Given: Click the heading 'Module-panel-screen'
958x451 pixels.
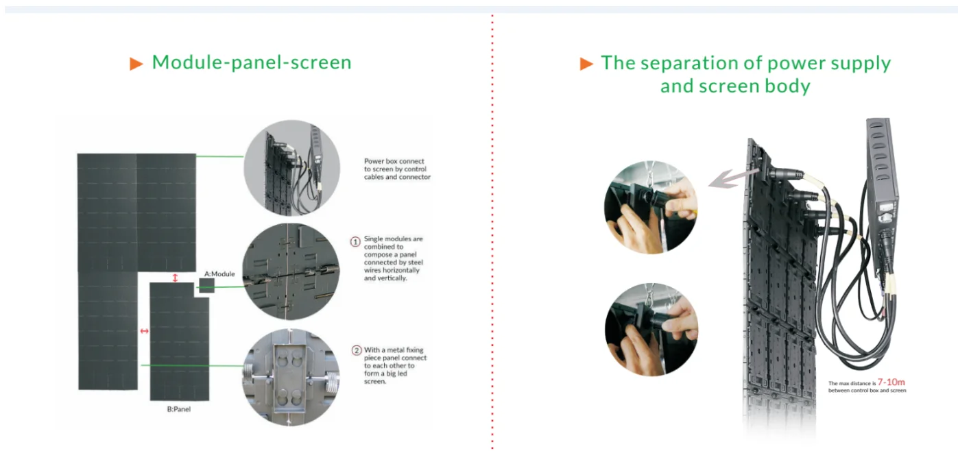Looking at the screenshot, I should point(251,62).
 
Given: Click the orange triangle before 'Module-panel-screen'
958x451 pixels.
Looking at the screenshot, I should point(136,64).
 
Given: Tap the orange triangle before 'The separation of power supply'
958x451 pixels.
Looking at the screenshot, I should point(586,64).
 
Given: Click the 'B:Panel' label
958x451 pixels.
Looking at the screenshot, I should point(179,409).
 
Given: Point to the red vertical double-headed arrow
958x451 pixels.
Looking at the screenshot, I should point(175,278).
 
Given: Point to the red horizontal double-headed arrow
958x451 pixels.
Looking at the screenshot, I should point(144,332).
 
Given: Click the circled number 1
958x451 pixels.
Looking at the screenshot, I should point(355,242).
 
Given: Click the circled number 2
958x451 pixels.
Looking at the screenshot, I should point(356,350).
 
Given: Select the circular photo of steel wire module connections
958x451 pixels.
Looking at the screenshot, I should point(291,271).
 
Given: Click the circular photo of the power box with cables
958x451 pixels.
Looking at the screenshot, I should point(291,168).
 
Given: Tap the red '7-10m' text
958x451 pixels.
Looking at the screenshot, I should point(891,382).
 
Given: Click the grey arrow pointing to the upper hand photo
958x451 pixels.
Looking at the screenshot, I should point(729,178).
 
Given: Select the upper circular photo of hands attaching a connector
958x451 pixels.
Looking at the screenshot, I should point(651,207).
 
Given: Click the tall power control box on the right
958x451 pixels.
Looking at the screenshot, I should point(882,185).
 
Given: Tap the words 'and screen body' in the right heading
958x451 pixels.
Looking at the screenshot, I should point(735,86).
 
